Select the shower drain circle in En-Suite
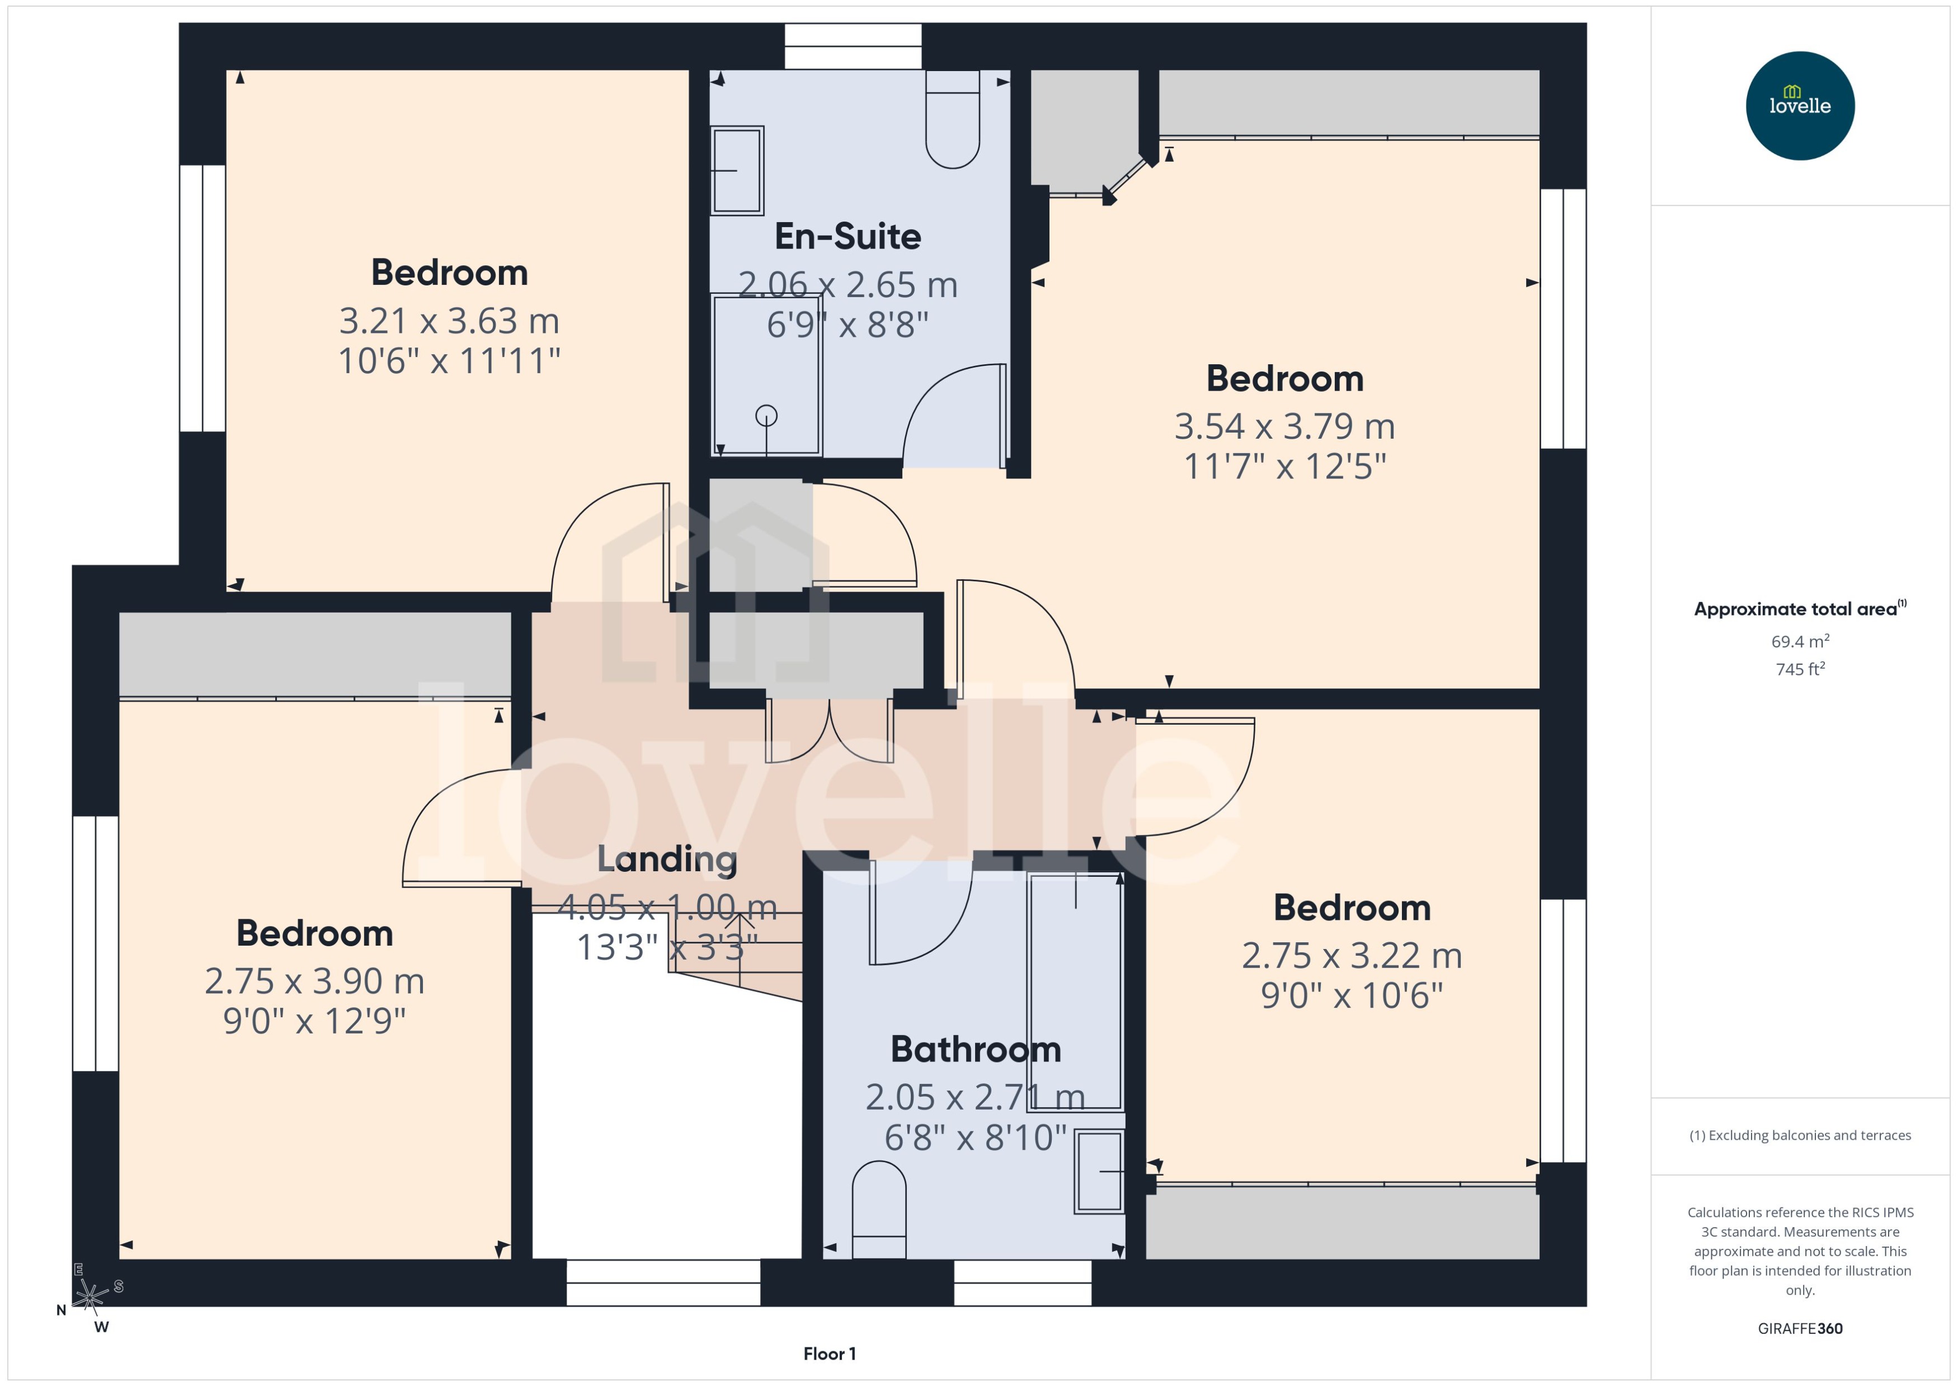(x=766, y=416)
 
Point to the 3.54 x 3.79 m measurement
(x=1284, y=426)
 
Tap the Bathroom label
(x=975, y=1049)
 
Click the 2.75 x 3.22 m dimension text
(x=1352, y=955)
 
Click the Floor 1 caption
(x=829, y=1354)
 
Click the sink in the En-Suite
(x=737, y=170)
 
